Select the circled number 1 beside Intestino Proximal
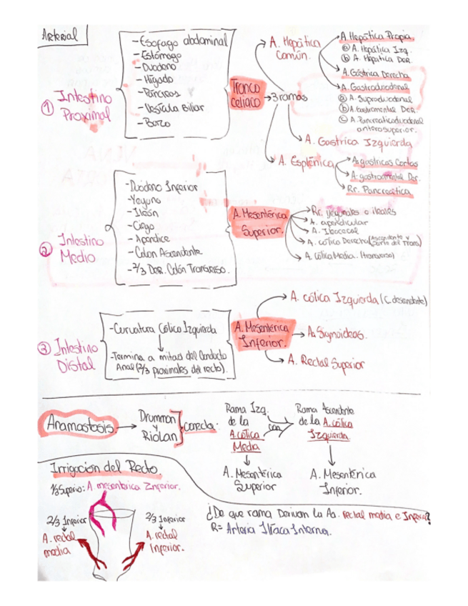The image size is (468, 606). pyautogui.click(x=48, y=108)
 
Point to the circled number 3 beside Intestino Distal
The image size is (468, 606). pyautogui.click(x=44, y=349)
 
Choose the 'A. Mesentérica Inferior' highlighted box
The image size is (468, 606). pyautogui.click(x=260, y=334)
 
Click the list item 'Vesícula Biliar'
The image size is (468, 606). pyautogui.click(x=174, y=108)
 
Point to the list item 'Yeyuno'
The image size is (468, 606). pyautogui.click(x=146, y=201)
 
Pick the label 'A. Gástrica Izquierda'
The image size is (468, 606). pyautogui.click(x=349, y=140)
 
